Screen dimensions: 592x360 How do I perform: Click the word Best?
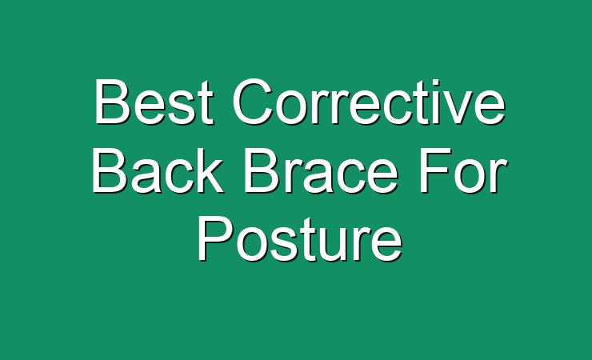154,102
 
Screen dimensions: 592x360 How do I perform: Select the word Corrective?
369,102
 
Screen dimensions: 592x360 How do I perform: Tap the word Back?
157,170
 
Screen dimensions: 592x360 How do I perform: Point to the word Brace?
321,170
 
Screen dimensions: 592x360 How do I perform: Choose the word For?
463,170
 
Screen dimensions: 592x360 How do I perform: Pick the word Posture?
299,239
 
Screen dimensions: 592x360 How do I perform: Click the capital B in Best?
113,102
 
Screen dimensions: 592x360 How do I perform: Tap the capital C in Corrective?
253,102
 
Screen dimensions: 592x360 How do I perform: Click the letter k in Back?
208,170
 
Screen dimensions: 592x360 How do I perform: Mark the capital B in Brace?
263,170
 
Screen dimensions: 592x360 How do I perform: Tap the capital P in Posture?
216,239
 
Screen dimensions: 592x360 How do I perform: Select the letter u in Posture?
335,246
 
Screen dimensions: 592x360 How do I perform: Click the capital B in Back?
110,170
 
